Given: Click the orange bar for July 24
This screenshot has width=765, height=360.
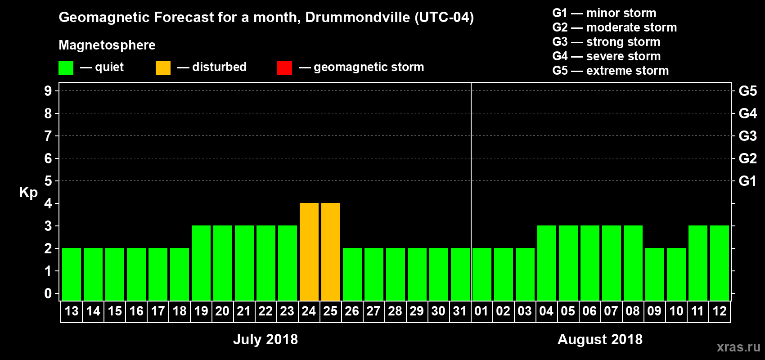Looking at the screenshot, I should pos(309,252).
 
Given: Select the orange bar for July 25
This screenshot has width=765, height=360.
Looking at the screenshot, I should pos(331,252).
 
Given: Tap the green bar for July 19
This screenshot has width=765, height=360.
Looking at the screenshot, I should pos(201,263).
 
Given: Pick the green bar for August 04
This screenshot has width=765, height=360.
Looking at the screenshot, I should pos(547,263).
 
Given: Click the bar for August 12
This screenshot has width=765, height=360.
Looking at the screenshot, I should pos(720,263).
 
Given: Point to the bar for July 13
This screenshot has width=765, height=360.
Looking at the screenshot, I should pos(72,274).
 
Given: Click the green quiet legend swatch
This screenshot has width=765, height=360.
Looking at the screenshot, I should pos(66,68).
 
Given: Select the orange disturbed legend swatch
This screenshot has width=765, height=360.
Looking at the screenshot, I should pos(163,68).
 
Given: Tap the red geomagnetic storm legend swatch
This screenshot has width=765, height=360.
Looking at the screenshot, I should pos(285,68).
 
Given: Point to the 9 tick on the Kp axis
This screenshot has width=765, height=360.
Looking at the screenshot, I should pos(48,91).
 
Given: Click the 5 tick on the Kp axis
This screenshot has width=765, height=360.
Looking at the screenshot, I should pos(48,181).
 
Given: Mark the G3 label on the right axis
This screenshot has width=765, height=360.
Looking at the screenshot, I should pos(747,136).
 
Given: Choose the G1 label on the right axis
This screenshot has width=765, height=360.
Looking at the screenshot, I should pos(747,181).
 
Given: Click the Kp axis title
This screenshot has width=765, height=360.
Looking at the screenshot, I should pos(28,192).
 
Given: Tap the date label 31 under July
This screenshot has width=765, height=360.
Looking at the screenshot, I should pos(460,311).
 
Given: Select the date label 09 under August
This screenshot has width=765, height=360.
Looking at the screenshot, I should pos(654,311).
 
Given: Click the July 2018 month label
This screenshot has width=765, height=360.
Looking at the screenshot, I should pos(265,339).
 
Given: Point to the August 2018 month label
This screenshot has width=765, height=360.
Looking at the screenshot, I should pos(600,339).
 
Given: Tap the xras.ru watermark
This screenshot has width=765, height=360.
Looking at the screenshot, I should pos(738,347).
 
